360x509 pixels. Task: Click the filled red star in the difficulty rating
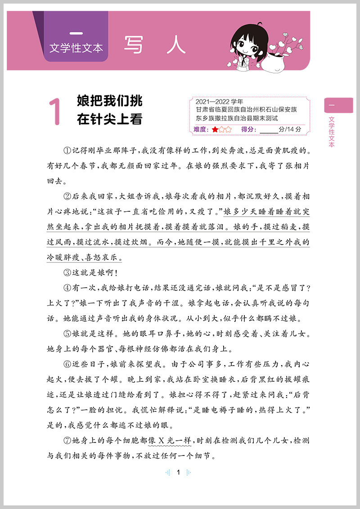click(x=215, y=129)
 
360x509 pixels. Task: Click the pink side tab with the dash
click(x=338, y=105)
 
